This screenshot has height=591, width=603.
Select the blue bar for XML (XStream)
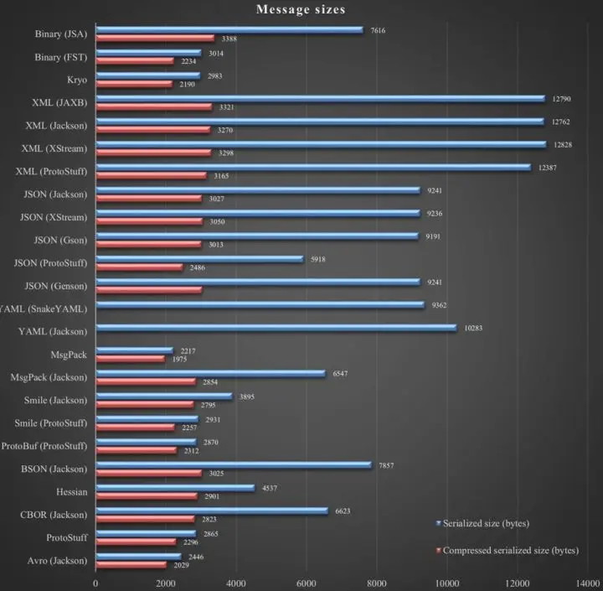coord(321,143)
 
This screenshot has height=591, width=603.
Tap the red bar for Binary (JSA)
coord(155,39)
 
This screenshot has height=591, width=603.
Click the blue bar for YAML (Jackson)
coord(276,327)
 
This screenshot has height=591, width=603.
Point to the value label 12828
coord(563,144)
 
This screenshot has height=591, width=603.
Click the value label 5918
coord(317,259)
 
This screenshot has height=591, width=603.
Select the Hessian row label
coord(70,491)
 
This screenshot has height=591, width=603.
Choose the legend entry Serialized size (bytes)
coord(487,523)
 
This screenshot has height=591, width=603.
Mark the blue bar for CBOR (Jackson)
coord(212,509)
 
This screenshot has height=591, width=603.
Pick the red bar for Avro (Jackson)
coord(131,564)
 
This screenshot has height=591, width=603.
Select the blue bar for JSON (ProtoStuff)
coord(199,258)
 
